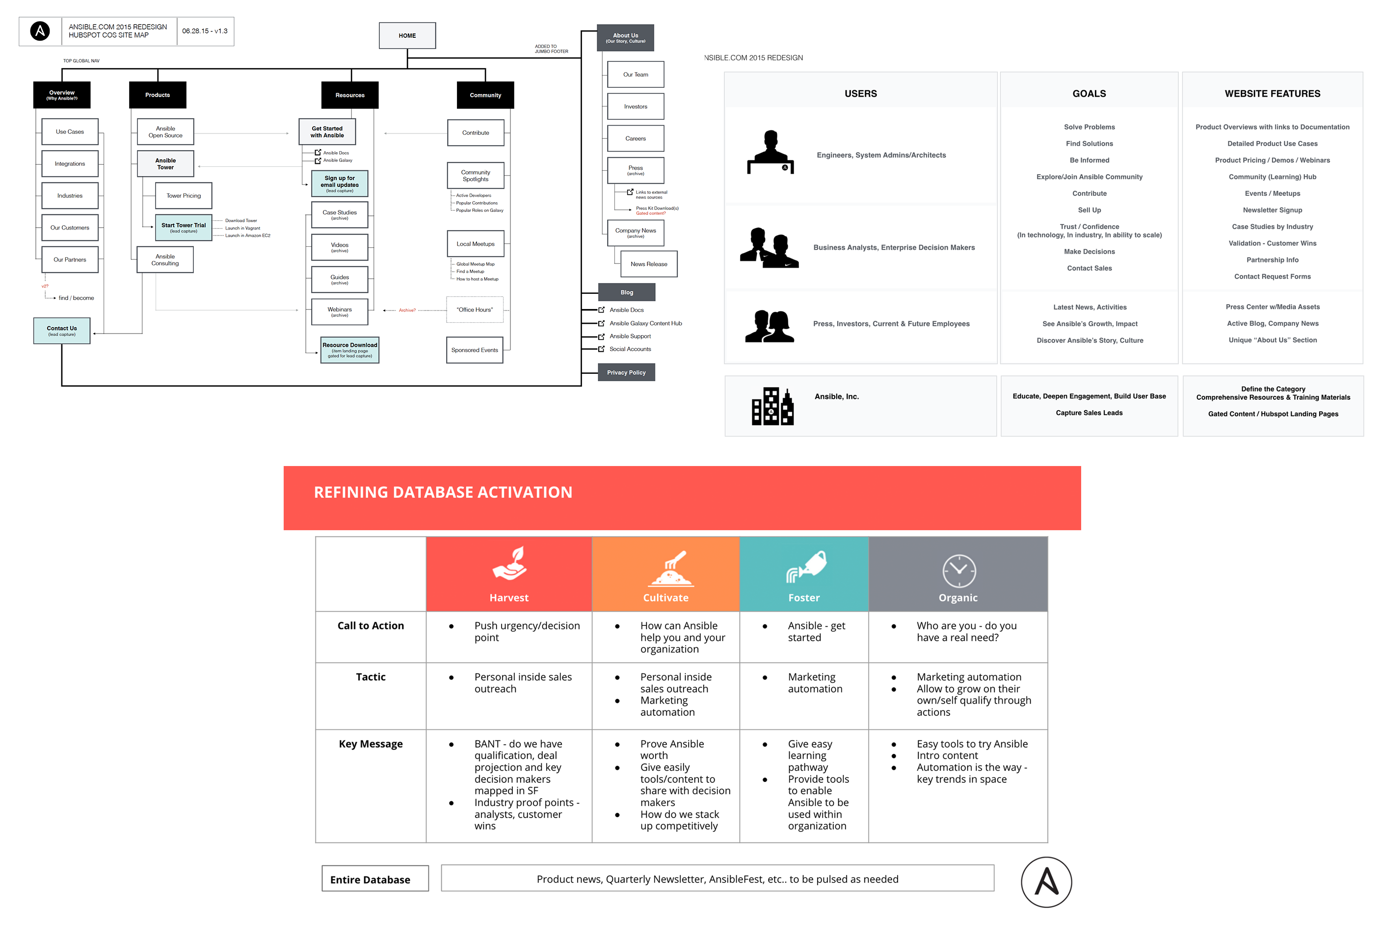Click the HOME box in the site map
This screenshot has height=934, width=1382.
[x=407, y=36]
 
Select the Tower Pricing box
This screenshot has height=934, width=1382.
[x=183, y=196]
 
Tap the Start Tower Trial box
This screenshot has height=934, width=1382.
[x=183, y=227]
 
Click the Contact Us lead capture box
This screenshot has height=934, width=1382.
[x=62, y=331]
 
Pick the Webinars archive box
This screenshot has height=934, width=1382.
[x=340, y=311]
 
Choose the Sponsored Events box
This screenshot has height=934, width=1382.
[x=475, y=350]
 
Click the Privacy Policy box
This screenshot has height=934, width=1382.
[x=626, y=373]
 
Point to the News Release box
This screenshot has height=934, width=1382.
[x=649, y=264]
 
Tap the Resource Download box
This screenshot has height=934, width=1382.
[x=349, y=350]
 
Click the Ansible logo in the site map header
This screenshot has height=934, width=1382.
[x=40, y=31]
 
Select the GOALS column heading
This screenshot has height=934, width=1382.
[x=1089, y=93]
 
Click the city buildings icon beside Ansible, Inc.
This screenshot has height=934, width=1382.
[x=772, y=406]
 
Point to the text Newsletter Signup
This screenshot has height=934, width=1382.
[x=1272, y=210]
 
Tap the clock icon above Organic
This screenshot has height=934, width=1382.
[x=958, y=571]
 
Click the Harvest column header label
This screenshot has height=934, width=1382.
[x=508, y=597]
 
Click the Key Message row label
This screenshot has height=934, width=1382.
[x=371, y=744]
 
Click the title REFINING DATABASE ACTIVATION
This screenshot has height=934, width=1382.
[x=443, y=493]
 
